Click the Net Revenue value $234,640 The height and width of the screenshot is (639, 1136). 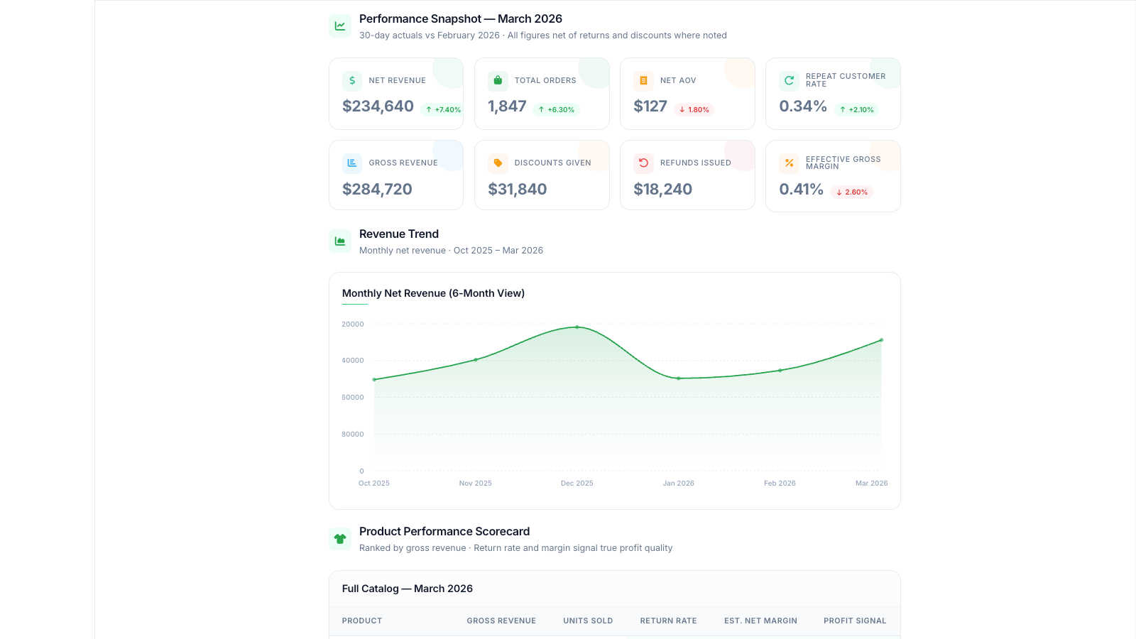(378, 106)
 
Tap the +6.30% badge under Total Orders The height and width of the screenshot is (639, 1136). (557, 109)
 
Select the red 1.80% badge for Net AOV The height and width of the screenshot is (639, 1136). (694, 109)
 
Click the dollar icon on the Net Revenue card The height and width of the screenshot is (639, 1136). (352, 81)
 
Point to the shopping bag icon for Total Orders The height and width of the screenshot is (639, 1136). (498, 81)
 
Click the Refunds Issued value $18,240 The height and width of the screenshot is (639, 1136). (663, 189)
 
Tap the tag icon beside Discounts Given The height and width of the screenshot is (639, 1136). (498, 163)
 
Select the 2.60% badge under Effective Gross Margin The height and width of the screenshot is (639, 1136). (852, 192)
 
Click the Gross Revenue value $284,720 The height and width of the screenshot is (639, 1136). (377, 189)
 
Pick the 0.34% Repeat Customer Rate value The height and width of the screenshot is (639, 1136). (803, 106)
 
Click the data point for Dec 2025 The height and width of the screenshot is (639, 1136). (577, 327)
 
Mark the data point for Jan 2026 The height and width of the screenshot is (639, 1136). (679, 378)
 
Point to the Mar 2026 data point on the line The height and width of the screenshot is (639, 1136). (881, 340)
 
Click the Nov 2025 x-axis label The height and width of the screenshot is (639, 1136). (475, 484)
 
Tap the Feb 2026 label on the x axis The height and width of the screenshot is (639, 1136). (780, 484)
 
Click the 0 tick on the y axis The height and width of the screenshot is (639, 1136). (361, 471)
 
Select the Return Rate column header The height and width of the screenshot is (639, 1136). (668, 621)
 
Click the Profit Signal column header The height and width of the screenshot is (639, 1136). (855, 621)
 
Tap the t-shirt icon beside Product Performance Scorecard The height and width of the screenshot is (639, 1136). (340, 539)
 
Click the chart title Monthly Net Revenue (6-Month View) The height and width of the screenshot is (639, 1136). (433, 293)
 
